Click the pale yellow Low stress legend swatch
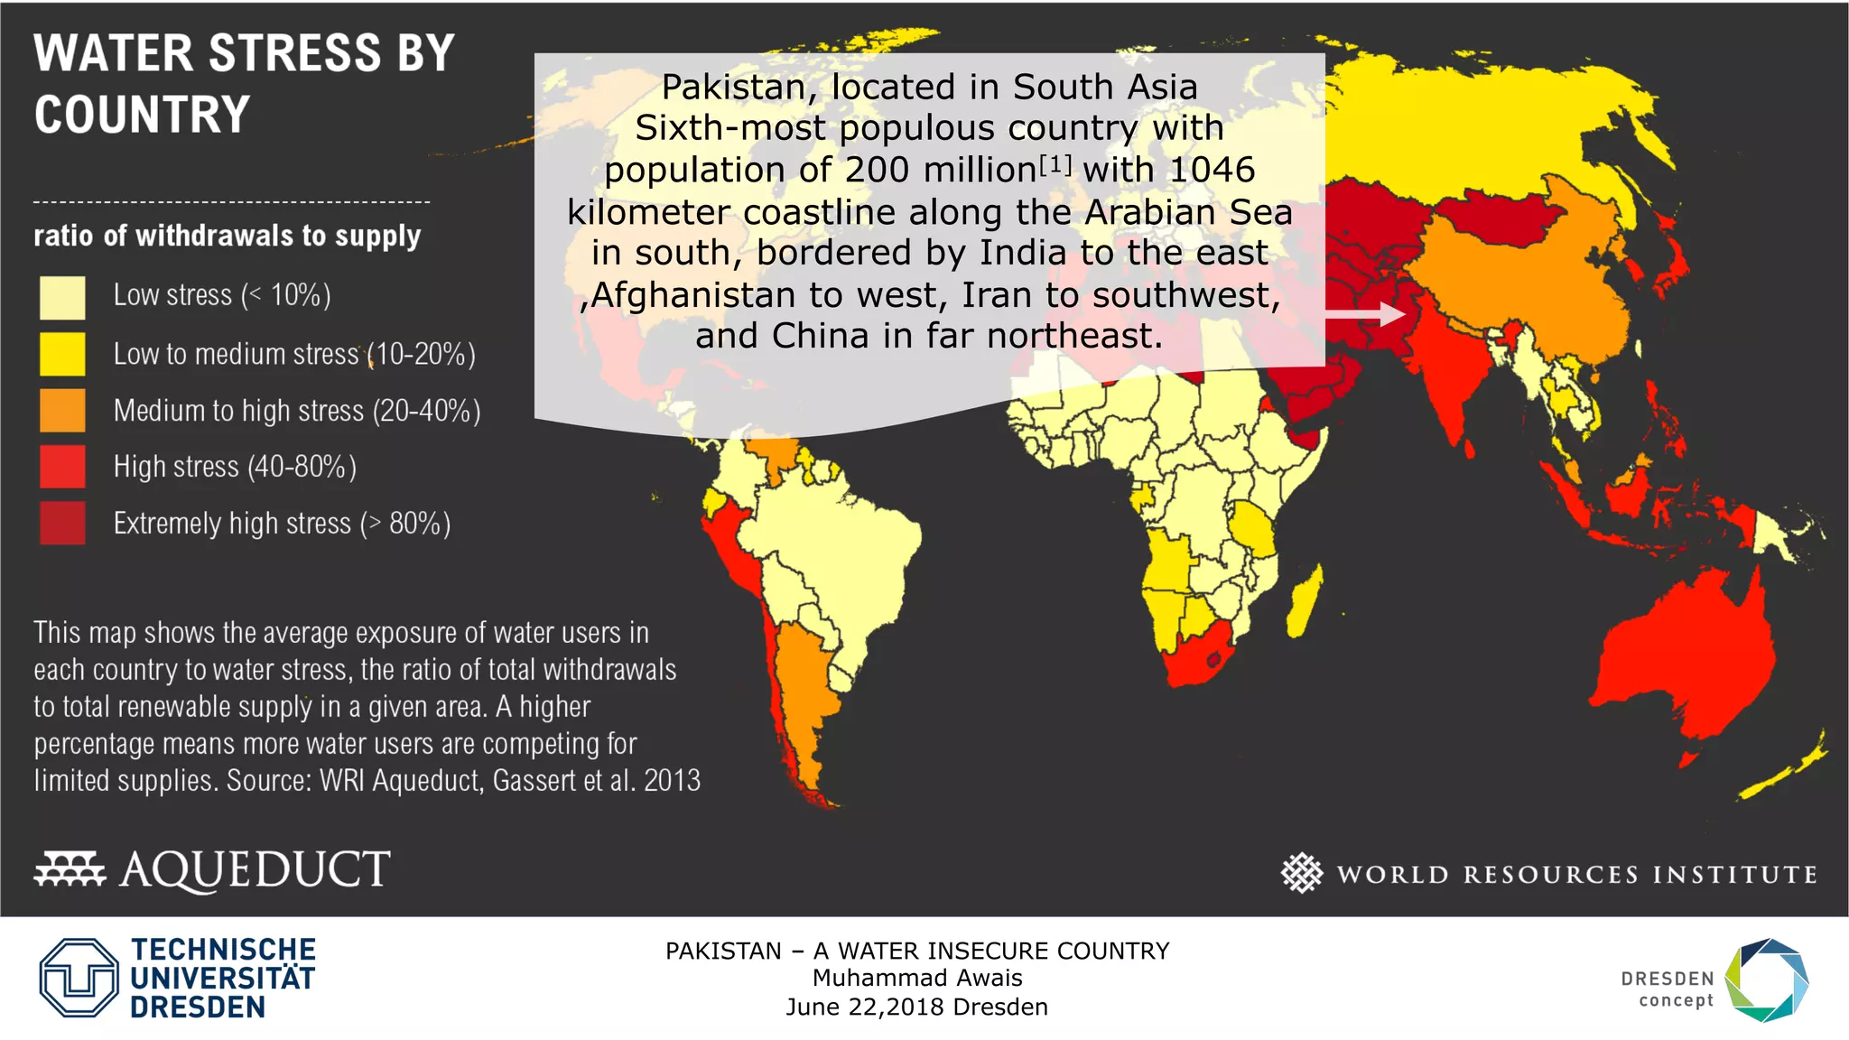click(62, 298)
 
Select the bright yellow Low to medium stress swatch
click(62, 354)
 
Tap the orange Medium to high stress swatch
click(62, 411)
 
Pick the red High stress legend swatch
click(62, 467)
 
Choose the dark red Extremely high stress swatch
click(62, 524)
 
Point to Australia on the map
click(1679, 668)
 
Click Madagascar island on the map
click(1305, 600)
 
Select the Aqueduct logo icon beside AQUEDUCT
click(70, 868)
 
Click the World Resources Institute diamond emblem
click(1301, 873)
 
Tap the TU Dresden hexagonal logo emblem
click(79, 978)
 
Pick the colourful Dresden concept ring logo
click(1767, 980)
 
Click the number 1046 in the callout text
click(1212, 170)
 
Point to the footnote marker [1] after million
click(1055, 165)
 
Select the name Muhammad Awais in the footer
click(916, 978)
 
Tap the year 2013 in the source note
click(672, 780)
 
